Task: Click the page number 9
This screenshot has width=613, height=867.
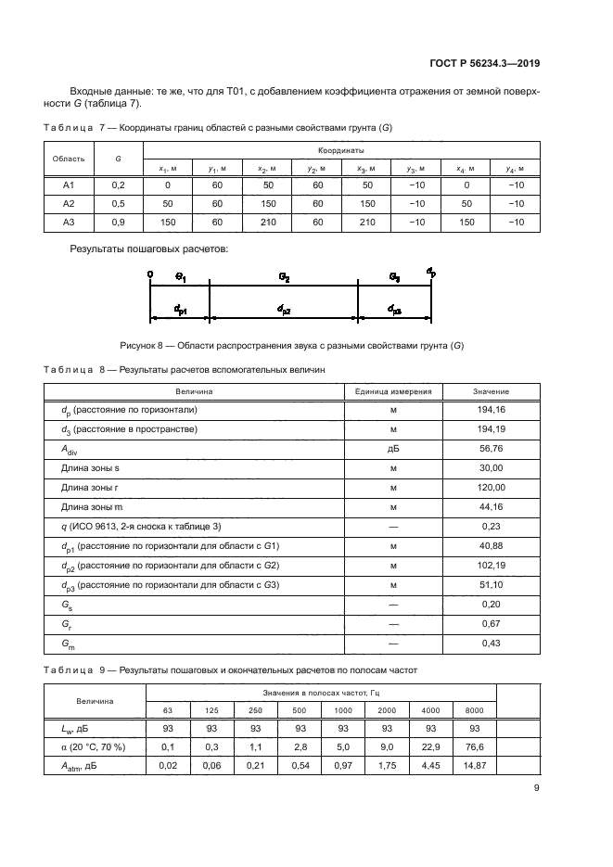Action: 537,788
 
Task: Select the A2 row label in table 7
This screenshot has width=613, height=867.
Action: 68,203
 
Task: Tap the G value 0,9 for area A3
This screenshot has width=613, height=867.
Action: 119,222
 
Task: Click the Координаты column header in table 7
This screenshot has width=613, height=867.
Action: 340,149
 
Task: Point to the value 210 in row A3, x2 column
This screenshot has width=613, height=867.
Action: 268,222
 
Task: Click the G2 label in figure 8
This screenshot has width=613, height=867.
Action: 285,277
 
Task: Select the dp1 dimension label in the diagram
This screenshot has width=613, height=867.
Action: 181,309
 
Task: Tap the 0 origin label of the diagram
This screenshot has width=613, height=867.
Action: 149,274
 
